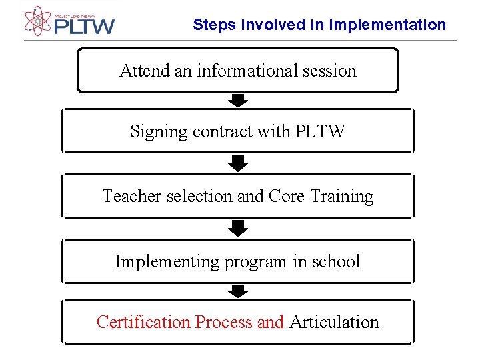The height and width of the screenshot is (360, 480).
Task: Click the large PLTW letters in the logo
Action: click(x=85, y=27)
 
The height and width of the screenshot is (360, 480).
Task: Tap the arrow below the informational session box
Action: click(x=238, y=101)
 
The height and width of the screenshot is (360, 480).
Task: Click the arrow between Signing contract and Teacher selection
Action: click(x=238, y=163)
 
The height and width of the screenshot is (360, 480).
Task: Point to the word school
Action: click(x=337, y=261)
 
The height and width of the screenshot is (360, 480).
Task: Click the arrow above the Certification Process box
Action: click(x=238, y=291)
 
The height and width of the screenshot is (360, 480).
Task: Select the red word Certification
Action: click(x=143, y=322)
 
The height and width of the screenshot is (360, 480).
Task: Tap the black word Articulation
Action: click(x=334, y=322)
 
